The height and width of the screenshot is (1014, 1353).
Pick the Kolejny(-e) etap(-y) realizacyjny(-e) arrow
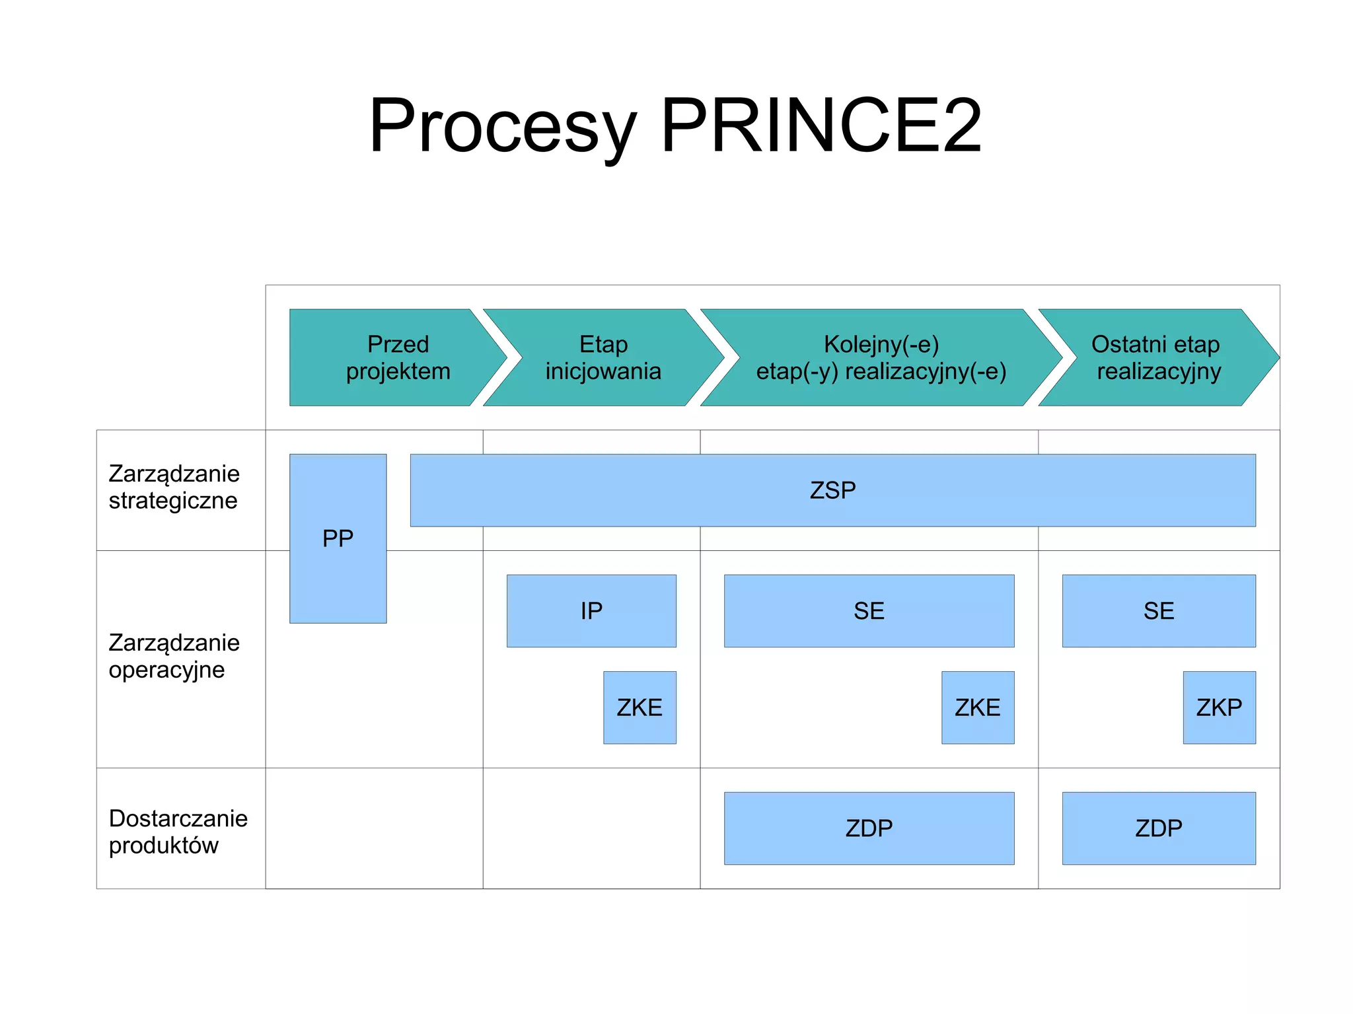tap(881, 357)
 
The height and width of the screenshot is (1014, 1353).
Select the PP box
tap(338, 538)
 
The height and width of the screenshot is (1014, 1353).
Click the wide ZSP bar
tap(832, 490)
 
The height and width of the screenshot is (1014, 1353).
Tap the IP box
tap(591, 610)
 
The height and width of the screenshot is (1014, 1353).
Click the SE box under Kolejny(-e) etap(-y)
tap(869, 610)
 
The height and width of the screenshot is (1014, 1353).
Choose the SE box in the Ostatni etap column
tap(1159, 610)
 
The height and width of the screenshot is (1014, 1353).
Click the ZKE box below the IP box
tap(640, 707)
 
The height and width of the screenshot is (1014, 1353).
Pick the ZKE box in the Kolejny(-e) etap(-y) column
tap(978, 707)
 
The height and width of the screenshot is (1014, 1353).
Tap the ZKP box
tap(1219, 707)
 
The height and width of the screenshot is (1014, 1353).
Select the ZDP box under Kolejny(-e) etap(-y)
tap(869, 828)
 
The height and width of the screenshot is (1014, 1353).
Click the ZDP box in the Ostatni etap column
tap(1159, 828)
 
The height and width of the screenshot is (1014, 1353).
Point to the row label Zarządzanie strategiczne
tap(174, 487)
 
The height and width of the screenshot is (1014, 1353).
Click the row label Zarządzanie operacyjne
tap(174, 656)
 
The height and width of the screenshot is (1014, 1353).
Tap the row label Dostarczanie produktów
tap(177, 832)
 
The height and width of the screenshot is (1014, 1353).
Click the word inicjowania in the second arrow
tap(603, 371)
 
